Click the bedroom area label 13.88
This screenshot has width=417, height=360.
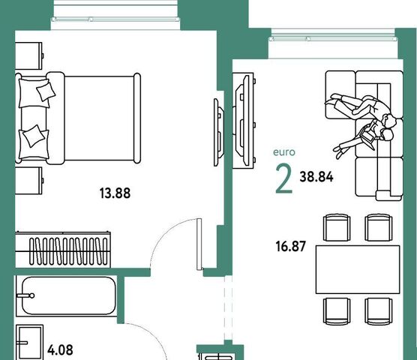[x=115, y=193]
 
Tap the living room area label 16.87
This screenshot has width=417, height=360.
[x=291, y=246]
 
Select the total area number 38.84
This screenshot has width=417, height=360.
[x=316, y=177]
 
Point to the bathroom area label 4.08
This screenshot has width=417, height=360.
[x=60, y=350]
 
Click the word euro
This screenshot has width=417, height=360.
[x=284, y=152]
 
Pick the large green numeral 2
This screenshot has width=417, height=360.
[x=284, y=178]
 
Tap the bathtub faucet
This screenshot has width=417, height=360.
[x=25, y=295]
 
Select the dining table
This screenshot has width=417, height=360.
[x=358, y=269]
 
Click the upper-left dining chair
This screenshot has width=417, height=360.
[x=337, y=227]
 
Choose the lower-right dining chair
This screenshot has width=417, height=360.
[x=379, y=311]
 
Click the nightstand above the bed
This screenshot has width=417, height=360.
[x=29, y=55]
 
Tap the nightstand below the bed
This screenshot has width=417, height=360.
[x=29, y=181]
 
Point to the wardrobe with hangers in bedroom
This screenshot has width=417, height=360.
[x=63, y=250]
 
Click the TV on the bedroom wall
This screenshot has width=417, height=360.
[x=219, y=132]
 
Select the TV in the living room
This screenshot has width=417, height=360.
[x=243, y=121]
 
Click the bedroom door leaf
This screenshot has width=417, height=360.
[x=199, y=244]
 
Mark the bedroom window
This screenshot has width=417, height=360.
[x=115, y=19]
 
